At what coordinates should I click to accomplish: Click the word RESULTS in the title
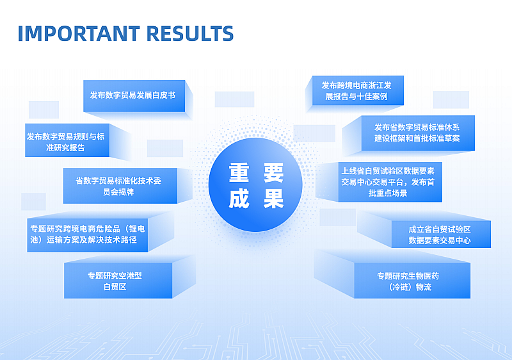tap(190, 33)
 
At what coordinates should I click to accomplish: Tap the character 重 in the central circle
tap(239, 172)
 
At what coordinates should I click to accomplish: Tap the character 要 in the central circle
tap(273, 172)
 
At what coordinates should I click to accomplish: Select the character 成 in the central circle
tap(239, 199)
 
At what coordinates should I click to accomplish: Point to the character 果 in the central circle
tap(273, 199)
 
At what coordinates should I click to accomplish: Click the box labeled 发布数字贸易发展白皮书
tap(134, 96)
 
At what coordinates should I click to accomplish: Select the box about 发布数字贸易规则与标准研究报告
tap(67, 140)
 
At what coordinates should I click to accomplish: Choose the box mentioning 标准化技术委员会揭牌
tap(120, 186)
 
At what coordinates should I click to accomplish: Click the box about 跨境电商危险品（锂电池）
tap(88, 235)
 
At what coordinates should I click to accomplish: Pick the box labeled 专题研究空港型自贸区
tap(118, 281)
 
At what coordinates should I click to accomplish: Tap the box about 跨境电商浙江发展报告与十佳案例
tap(358, 90)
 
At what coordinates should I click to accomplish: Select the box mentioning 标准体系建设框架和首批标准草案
tap(418, 133)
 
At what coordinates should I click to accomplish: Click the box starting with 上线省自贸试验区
tap(390, 182)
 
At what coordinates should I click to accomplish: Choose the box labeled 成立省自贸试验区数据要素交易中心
tap(441, 234)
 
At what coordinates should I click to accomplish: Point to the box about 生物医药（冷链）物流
tap(412, 281)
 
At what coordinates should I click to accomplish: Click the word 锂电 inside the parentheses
tap(137, 229)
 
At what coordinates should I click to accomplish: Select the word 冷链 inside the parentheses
tap(401, 287)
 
